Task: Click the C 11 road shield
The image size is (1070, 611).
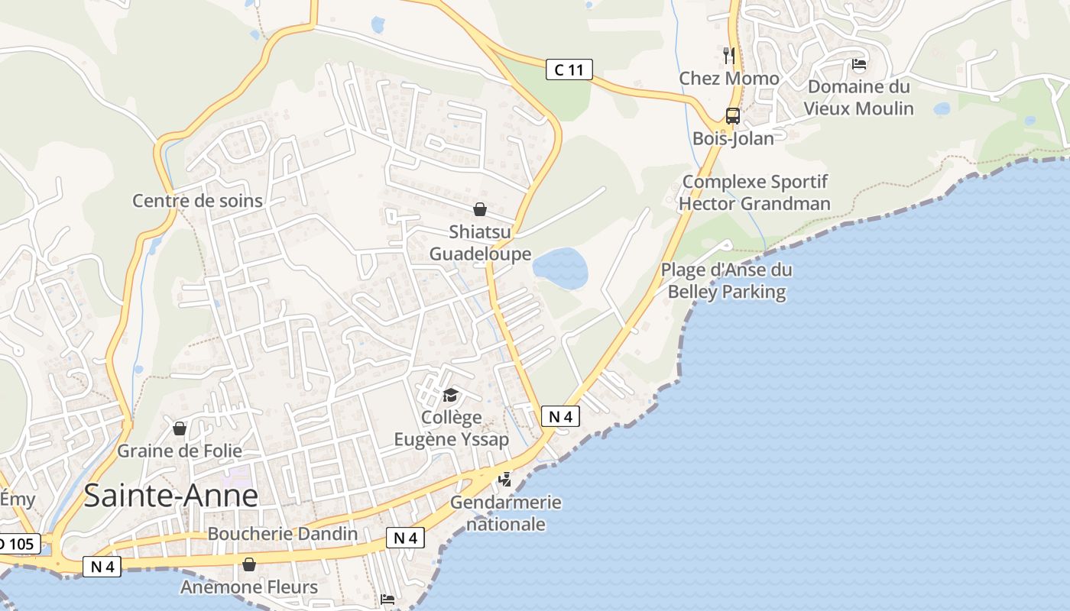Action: pyautogui.click(x=569, y=70)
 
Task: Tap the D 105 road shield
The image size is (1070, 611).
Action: pyautogui.click(x=17, y=545)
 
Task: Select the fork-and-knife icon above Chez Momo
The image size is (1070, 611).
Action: pyautogui.click(x=729, y=55)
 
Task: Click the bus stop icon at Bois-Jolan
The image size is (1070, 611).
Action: pyautogui.click(x=732, y=116)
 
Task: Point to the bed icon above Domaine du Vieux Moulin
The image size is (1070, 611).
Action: pyautogui.click(x=859, y=64)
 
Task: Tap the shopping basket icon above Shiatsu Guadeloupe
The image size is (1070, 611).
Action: pyautogui.click(x=480, y=209)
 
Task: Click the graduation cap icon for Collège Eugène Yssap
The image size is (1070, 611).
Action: pyautogui.click(x=451, y=395)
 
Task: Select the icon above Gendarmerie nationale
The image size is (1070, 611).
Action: pyautogui.click(x=504, y=480)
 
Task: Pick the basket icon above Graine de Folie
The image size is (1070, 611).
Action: pyautogui.click(x=180, y=428)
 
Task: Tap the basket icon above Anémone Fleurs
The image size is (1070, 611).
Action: pyautogui.click(x=248, y=564)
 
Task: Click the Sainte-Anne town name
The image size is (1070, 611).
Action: pyautogui.click(x=170, y=496)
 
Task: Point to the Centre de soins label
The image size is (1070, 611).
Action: pyautogui.click(x=197, y=201)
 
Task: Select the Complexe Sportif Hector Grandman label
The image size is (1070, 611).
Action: pyautogui.click(x=754, y=192)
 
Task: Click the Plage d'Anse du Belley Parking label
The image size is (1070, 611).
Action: pyautogui.click(x=726, y=280)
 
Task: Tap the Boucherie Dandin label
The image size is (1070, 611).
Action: pyautogui.click(x=283, y=533)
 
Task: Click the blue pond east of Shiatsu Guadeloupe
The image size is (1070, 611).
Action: pyautogui.click(x=560, y=267)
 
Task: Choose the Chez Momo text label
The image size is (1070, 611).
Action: pyautogui.click(x=729, y=79)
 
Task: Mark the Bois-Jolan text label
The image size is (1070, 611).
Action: pyautogui.click(x=733, y=138)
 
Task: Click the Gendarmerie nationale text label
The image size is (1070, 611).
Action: pyautogui.click(x=505, y=513)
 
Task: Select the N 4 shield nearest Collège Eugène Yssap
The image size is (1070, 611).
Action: pyautogui.click(x=560, y=416)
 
